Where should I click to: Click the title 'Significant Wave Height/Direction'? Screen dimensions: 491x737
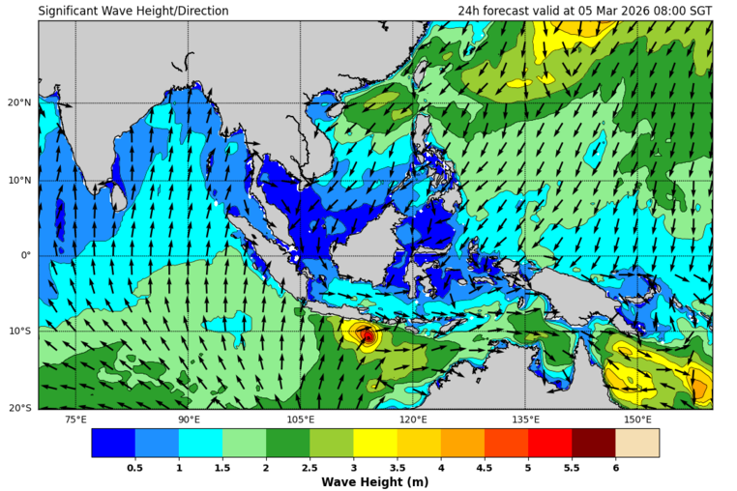tap(133, 11)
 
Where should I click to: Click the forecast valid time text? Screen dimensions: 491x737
tap(585, 11)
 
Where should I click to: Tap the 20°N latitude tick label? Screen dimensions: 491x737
tap(20, 102)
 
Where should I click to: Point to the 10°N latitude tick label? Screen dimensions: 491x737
tap(20, 180)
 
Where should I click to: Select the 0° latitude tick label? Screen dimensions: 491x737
tap(26, 255)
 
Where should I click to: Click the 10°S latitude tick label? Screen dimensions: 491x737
tap(20, 332)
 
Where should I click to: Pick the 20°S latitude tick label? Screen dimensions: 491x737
tap(20, 408)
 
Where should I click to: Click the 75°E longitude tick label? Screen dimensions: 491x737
tap(75, 419)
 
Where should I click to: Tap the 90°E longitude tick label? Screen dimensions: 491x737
tap(189, 419)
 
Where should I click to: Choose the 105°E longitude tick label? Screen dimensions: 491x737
tap(301, 419)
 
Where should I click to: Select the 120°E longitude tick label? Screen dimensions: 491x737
tap(413, 419)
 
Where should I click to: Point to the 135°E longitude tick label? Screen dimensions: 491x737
tap(525, 419)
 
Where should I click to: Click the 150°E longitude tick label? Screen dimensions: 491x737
tap(637, 419)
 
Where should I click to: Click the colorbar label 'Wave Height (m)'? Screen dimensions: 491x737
tap(375, 481)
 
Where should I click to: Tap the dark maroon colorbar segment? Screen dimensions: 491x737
tap(593, 443)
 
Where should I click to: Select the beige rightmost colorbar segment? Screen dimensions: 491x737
tap(637, 443)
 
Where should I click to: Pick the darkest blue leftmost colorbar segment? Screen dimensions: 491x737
tap(113, 443)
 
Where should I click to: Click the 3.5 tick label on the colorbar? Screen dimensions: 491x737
tap(397, 467)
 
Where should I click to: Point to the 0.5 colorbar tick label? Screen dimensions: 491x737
tap(135, 467)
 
